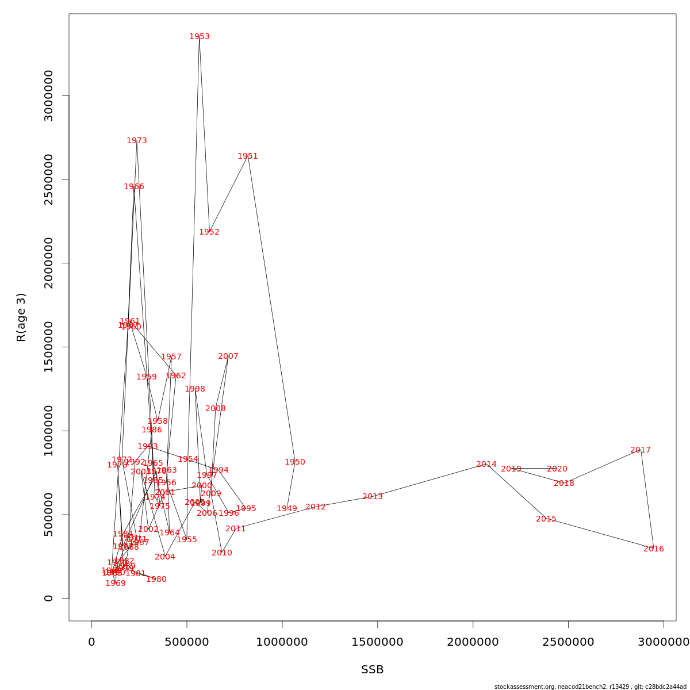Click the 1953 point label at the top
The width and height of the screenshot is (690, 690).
pos(200,37)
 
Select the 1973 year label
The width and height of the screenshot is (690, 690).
pos(137,141)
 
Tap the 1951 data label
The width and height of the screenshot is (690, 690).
pos(248,156)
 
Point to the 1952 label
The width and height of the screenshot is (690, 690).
pos(209,232)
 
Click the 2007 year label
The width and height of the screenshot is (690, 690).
pos(228,356)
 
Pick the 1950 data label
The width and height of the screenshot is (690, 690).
pos(295,462)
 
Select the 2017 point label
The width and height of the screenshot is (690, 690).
pos(641,450)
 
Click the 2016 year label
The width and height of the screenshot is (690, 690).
pos(654,549)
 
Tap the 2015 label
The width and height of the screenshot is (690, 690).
pos(546,519)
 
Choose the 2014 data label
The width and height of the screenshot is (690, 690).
pos(486,465)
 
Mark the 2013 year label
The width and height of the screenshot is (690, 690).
pos(373,497)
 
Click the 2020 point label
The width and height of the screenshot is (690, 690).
pos(557,469)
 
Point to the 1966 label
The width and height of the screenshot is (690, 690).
pos(134,187)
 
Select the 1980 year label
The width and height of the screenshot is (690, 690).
pos(156,580)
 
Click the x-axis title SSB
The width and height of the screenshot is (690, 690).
pos(373,670)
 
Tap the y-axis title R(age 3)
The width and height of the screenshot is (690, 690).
pos(21,317)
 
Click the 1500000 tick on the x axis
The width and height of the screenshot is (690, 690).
pos(377,642)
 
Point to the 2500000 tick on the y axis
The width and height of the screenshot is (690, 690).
pos(48,179)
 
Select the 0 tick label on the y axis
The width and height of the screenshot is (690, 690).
pos(48,598)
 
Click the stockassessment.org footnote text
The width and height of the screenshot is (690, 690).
pos(590,687)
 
